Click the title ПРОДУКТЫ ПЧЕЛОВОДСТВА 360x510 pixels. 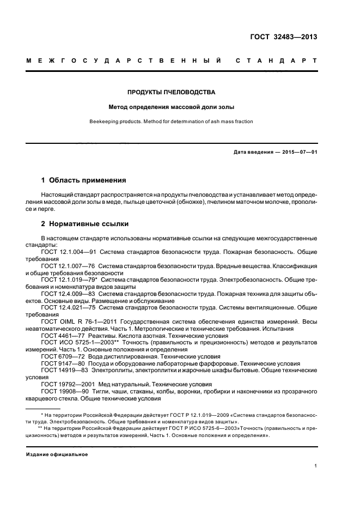pos(172,92)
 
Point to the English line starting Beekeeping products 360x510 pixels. pos(172,122)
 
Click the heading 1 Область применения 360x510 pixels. pos(84,179)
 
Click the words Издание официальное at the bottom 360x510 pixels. pos(57,454)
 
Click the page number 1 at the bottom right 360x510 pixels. pos(315,466)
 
